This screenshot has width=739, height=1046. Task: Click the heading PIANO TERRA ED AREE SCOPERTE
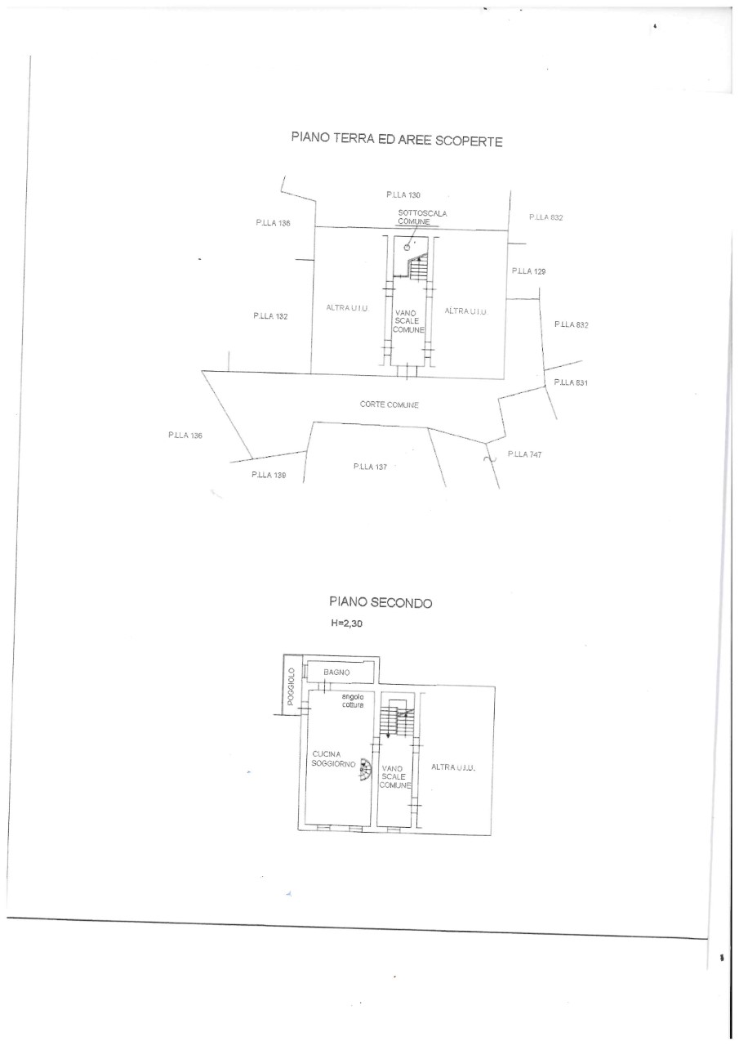(x=397, y=139)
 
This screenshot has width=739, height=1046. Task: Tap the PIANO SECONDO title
(x=381, y=602)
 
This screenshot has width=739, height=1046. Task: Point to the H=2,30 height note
(x=347, y=623)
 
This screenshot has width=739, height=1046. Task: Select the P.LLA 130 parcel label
(x=403, y=194)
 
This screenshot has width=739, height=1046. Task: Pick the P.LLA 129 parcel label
(x=528, y=270)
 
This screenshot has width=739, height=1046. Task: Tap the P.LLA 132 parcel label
(x=270, y=316)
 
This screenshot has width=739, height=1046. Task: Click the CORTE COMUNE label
(x=389, y=405)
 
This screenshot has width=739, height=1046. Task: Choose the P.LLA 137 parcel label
(x=370, y=466)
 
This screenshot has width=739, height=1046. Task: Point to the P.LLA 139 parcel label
(x=269, y=475)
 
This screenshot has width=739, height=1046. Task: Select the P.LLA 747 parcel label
(x=525, y=454)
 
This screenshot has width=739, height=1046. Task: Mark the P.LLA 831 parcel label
(x=571, y=382)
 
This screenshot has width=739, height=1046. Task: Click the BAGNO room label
(x=336, y=672)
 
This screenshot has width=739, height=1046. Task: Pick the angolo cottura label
(x=353, y=700)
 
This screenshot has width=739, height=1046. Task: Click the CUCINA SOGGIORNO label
(x=333, y=759)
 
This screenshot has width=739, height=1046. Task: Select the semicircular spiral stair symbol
(x=366, y=770)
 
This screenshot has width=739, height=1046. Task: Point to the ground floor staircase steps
(x=418, y=267)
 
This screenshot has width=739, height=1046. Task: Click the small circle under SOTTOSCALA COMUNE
(x=407, y=248)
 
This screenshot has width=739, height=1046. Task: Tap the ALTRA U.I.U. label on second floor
(x=453, y=767)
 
